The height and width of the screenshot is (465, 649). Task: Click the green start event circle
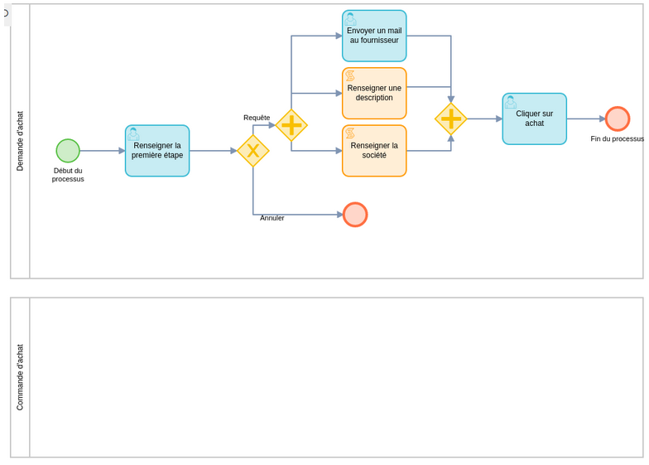click(68, 151)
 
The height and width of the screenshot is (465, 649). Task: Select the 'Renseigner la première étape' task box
click(157, 151)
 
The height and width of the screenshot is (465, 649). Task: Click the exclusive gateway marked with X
click(252, 151)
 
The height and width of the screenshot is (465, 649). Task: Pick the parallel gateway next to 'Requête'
click(291, 125)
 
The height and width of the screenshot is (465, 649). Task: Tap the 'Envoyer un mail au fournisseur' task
click(374, 36)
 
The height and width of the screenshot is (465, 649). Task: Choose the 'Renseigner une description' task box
click(374, 94)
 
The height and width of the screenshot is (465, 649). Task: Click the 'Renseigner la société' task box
click(374, 151)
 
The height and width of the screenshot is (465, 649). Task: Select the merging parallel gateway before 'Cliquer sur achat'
click(450, 119)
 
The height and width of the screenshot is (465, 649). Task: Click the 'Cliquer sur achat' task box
click(534, 119)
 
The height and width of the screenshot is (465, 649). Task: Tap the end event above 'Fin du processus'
click(617, 119)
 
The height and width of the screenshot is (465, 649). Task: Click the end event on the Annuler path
click(355, 215)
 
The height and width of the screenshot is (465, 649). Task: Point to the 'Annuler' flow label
click(272, 218)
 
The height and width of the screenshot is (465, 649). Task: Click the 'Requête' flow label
click(257, 118)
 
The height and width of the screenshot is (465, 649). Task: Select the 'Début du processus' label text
click(68, 175)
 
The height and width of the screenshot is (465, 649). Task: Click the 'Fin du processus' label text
click(617, 138)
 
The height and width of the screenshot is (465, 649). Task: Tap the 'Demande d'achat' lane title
click(20, 141)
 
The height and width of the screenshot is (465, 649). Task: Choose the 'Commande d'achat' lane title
click(20, 377)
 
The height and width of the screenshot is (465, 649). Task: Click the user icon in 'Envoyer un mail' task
click(351, 18)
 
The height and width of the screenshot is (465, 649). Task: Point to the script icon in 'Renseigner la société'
click(350, 133)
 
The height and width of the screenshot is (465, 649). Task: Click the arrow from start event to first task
click(102, 151)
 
